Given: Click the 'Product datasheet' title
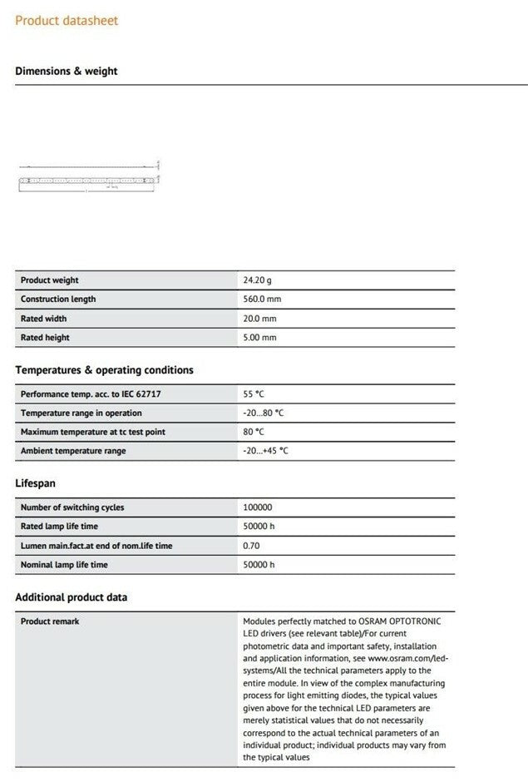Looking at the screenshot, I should pyautogui.click(x=67, y=20).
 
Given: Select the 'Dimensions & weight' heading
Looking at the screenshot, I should pyautogui.click(x=67, y=72).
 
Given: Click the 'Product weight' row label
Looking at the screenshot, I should pyautogui.click(x=50, y=280).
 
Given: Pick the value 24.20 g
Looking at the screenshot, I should pyautogui.click(x=257, y=280).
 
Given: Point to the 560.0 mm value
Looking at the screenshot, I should pyautogui.click(x=259, y=299).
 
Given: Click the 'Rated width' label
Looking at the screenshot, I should pyautogui.click(x=44, y=319).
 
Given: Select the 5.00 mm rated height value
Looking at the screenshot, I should pyautogui.click(x=259, y=338).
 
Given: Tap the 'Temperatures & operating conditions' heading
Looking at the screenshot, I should pyautogui.click(x=104, y=370).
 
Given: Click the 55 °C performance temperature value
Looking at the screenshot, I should pyautogui.click(x=253, y=394).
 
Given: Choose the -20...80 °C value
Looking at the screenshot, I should pyautogui.click(x=263, y=413).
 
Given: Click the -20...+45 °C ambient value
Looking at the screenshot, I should pyautogui.click(x=265, y=451).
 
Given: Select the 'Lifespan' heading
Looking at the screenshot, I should pyautogui.click(x=36, y=483).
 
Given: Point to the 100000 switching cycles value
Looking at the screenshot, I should pyautogui.click(x=257, y=507).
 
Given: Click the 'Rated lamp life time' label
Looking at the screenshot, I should pyautogui.click(x=59, y=527).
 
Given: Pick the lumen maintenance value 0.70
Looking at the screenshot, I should pyautogui.click(x=251, y=546).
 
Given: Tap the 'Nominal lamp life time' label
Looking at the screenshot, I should pyautogui.click(x=64, y=565).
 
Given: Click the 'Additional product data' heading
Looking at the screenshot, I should pyautogui.click(x=72, y=597).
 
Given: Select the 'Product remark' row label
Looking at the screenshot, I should pyautogui.click(x=50, y=621).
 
